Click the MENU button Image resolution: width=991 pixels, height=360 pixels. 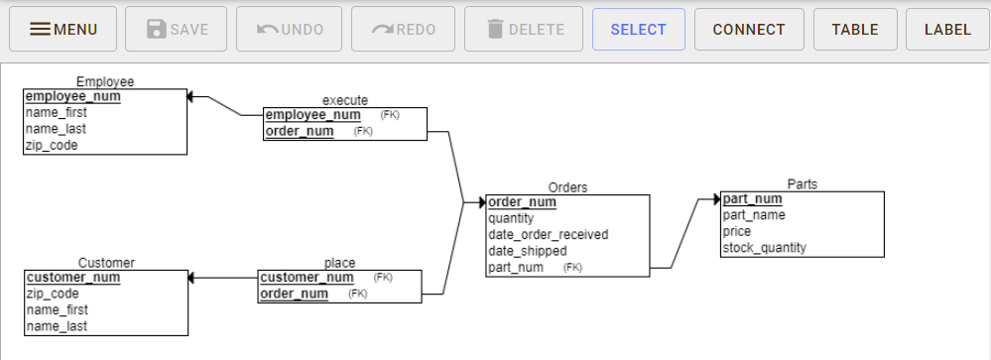(63, 30)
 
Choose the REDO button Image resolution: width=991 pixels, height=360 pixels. (403, 30)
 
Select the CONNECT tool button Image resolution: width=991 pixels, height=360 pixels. (749, 30)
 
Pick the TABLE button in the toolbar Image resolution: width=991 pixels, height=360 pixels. (855, 30)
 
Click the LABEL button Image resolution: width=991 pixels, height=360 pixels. (947, 30)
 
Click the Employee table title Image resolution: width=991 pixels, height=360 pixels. (105, 81)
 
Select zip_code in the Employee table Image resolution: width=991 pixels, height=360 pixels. (52, 145)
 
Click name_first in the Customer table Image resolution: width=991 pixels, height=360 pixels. (57, 310)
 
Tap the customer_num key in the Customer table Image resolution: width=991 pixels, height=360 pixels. (72, 278)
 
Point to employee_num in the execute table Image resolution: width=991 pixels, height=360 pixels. (312, 115)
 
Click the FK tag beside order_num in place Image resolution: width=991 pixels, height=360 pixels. (358, 294)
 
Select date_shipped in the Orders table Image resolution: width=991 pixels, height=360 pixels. (529, 251)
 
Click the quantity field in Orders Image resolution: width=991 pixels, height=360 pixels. (511, 218)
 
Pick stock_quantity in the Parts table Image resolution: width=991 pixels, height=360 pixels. (764, 248)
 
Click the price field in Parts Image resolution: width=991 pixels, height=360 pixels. (737, 231)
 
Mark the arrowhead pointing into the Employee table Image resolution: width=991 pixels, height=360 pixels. (192, 97)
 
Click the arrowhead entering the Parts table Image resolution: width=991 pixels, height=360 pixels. (715, 199)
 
